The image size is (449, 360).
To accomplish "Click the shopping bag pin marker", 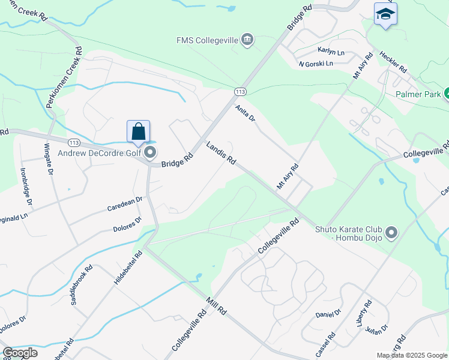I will (138, 131).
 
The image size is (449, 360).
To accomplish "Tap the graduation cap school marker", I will (385, 14).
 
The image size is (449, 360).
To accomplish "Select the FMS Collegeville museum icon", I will (247, 40).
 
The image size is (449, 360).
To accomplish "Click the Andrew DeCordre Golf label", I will (99, 152).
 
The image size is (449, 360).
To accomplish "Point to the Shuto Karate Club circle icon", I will (392, 232).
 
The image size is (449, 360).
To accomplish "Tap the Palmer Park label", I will (418, 94).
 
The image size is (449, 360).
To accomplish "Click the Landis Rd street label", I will (221, 154).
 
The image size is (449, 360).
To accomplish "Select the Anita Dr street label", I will (246, 114).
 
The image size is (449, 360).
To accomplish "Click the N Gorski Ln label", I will (315, 64).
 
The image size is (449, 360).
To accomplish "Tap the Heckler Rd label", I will (393, 61).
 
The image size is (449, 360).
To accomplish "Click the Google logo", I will (20, 353).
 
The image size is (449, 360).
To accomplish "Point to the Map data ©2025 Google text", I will (412, 355).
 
